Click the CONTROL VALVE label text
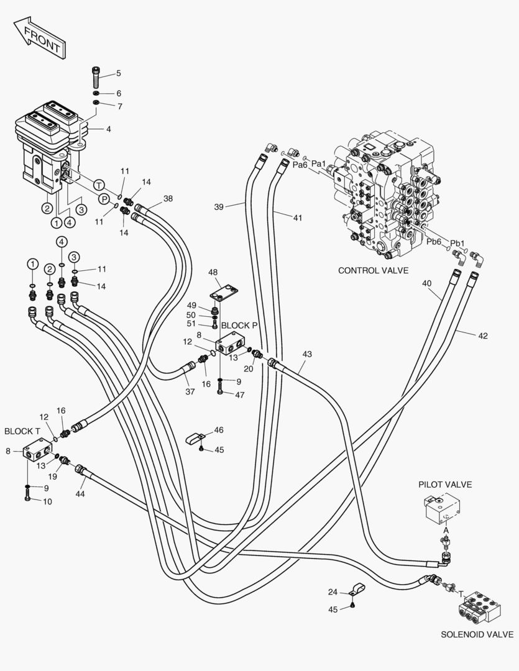[x=373, y=270]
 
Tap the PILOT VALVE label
[x=445, y=484]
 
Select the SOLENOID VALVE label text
[x=477, y=634]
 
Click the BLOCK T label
[x=22, y=431]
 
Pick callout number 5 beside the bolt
[x=119, y=75]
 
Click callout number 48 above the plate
[x=213, y=272]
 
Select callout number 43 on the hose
[x=307, y=354]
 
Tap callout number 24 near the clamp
[x=333, y=592]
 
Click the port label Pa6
[x=300, y=165]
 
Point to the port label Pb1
[x=457, y=243]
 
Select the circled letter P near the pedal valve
[x=104, y=199]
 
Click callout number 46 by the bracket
[x=219, y=430]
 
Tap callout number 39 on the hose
[x=218, y=206]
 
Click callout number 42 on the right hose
[x=482, y=335]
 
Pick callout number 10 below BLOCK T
[x=47, y=501]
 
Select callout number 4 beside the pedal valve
[x=108, y=129]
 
